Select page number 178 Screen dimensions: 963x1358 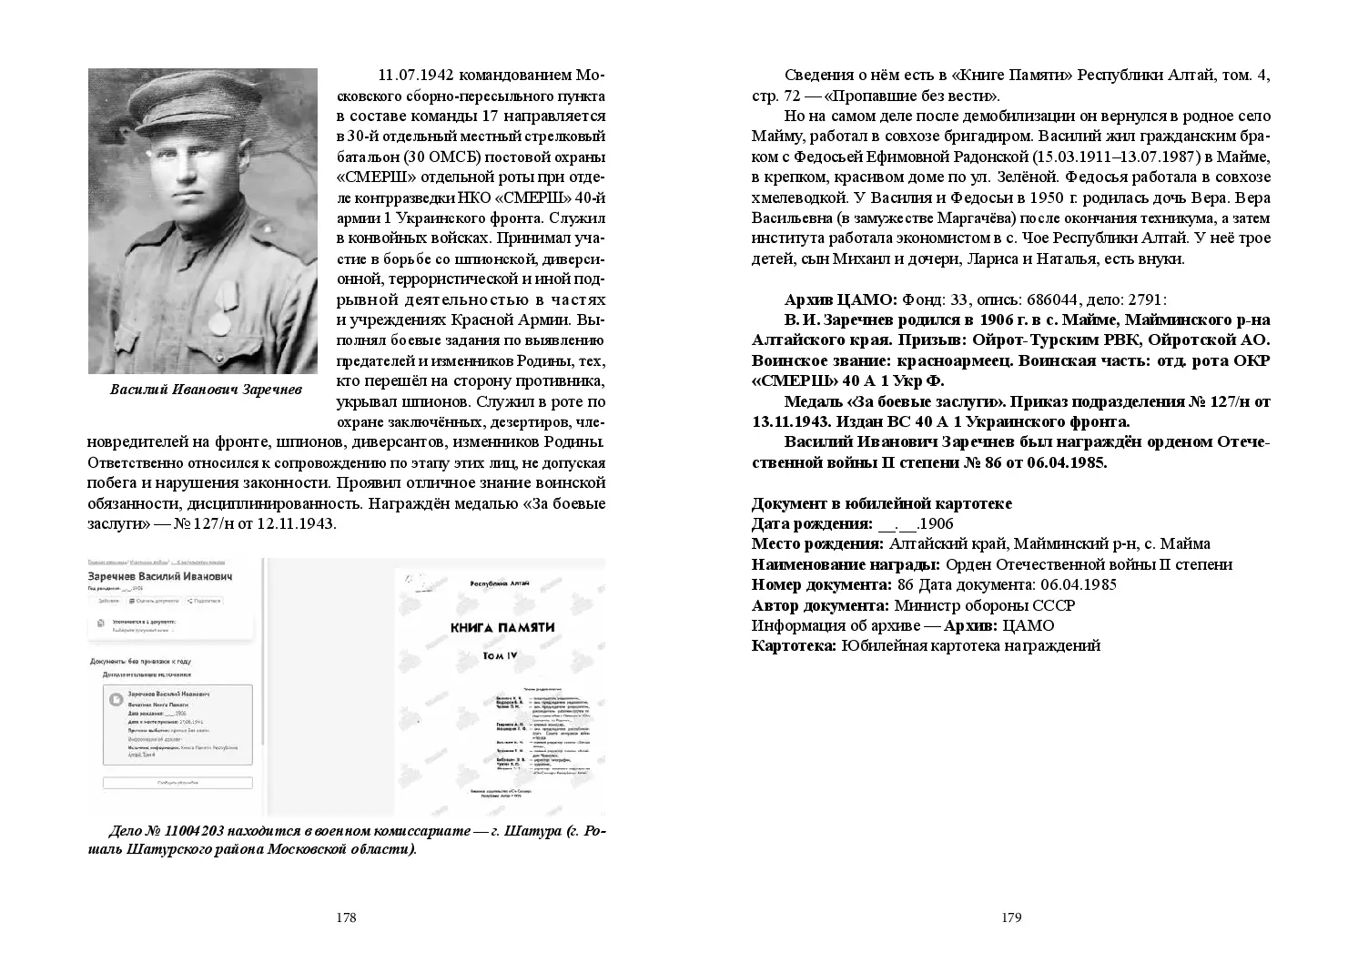[345, 917]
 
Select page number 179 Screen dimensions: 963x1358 [1011, 917]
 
